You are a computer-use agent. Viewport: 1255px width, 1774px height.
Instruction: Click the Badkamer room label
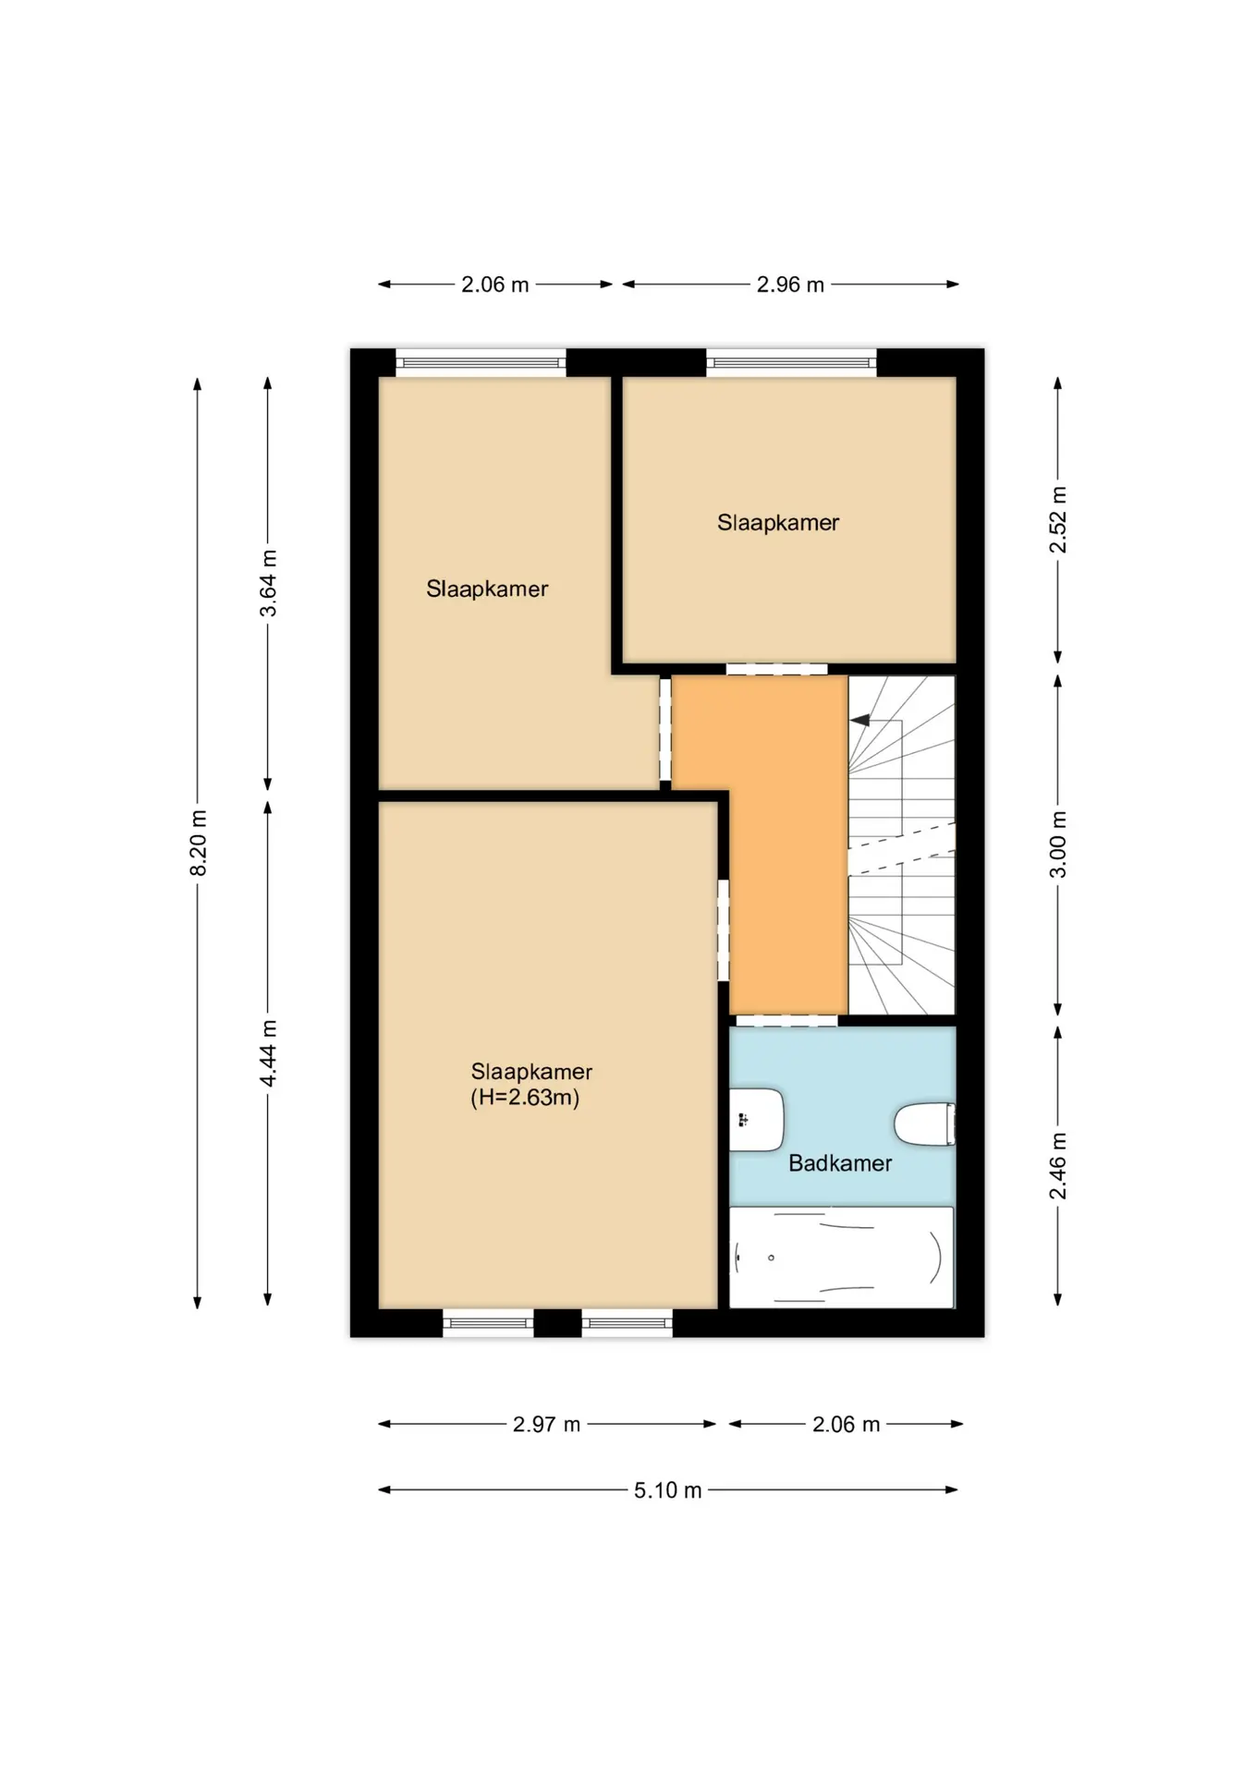pyautogui.click(x=839, y=1162)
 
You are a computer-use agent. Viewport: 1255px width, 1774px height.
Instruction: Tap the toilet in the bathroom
pyautogui.click(x=924, y=1124)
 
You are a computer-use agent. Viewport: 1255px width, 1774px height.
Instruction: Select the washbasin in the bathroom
pyautogui.click(x=757, y=1120)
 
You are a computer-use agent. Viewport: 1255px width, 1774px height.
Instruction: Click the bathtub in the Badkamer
pyautogui.click(x=841, y=1257)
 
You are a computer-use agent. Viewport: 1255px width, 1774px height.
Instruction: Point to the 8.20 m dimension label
pyautogui.click(x=198, y=843)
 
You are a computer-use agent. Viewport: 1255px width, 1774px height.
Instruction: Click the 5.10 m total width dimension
pyautogui.click(x=667, y=1489)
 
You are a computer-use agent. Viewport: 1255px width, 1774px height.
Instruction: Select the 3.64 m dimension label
pyautogui.click(x=268, y=583)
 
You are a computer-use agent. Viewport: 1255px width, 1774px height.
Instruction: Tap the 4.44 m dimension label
pyautogui.click(x=268, y=1053)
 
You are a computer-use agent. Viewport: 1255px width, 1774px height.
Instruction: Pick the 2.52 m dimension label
pyautogui.click(x=1058, y=520)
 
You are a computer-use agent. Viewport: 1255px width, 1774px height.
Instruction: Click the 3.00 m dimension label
pyautogui.click(x=1058, y=844)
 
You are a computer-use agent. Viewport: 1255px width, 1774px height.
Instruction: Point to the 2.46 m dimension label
pyautogui.click(x=1058, y=1166)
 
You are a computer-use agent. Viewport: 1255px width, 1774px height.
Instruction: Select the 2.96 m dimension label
pyautogui.click(x=790, y=285)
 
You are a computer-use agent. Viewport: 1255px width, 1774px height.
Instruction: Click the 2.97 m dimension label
pyautogui.click(x=547, y=1424)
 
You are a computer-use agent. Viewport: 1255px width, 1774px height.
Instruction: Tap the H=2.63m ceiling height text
pyautogui.click(x=525, y=1098)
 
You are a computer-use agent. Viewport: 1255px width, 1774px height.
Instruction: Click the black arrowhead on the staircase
pyautogui.click(x=860, y=720)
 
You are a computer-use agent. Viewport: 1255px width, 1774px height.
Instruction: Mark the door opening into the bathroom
pyautogui.click(x=786, y=1021)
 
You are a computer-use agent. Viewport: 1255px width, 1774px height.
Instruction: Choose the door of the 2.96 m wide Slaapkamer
pyautogui.click(x=776, y=669)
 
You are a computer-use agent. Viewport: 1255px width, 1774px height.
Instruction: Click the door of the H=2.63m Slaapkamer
pyautogui.click(x=724, y=930)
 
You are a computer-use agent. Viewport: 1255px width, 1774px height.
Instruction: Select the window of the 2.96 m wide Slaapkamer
pyautogui.click(x=791, y=362)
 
